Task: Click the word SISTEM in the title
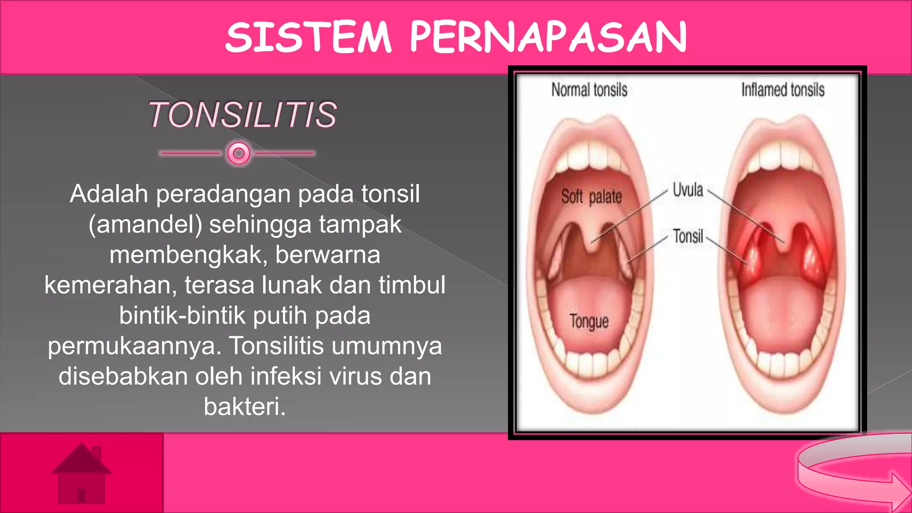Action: tap(308, 37)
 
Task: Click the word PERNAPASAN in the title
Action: tap(548, 37)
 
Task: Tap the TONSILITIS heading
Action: tap(243, 115)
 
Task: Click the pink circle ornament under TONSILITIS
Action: tap(239, 153)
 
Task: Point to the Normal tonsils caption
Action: tap(589, 90)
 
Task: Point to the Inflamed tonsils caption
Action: tap(782, 90)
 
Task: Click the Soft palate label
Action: tap(591, 196)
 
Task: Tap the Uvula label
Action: tap(688, 190)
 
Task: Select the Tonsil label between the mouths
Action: tap(688, 236)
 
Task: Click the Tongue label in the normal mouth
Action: tap(589, 321)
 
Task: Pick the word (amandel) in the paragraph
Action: tap(145, 224)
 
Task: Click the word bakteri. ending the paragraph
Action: tap(244, 407)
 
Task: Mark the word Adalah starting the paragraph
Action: tap(109, 194)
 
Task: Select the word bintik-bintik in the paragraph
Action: tap(182, 315)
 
